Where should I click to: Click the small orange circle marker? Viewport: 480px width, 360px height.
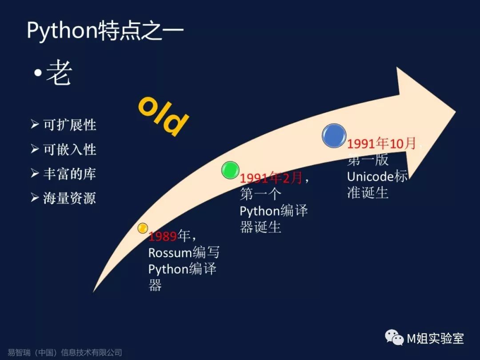coord(142,228)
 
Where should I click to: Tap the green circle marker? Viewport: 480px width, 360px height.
coord(230,170)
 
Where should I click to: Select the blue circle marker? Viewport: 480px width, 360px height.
coord(334,136)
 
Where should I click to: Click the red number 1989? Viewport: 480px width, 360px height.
coord(163,236)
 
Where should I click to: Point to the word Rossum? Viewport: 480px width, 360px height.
coord(170,253)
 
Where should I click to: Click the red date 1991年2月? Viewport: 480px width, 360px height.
coord(271,178)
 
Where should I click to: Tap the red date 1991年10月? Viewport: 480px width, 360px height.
coord(381,143)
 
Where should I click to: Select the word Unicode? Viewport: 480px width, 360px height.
coord(370,176)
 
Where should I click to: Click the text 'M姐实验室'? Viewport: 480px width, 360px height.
coord(436,339)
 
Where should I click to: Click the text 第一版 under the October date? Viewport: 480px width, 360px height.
coord(368,160)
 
